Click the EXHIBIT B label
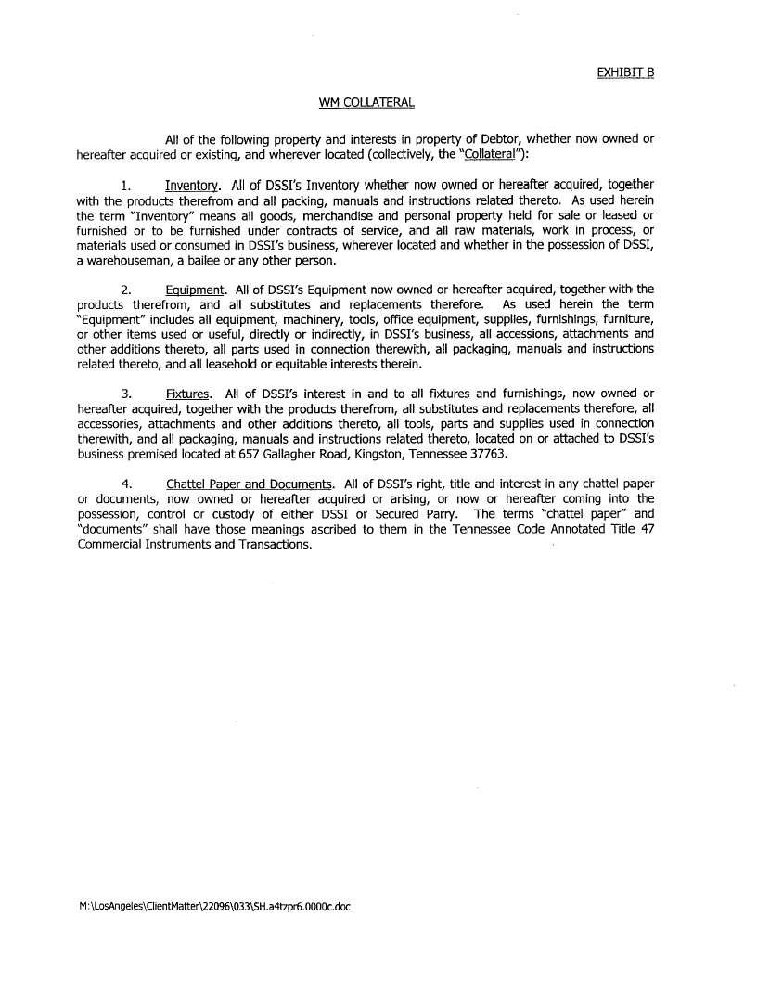pyautogui.click(x=626, y=71)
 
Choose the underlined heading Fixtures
pyautogui.click(x=186, y=394)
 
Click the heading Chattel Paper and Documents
pyautogui.click(x=250, y=484)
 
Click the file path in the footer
pyautogui.click(x=215, y=906)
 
